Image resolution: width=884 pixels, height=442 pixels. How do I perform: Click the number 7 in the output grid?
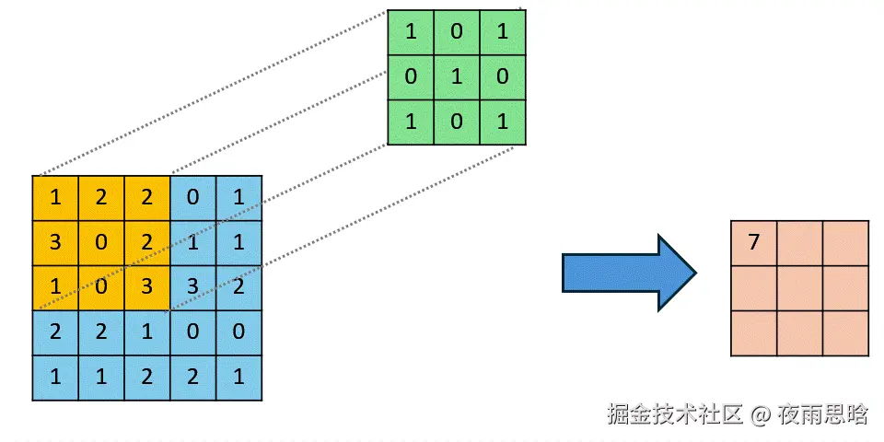point(754,243)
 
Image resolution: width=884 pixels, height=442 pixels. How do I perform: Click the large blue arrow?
point(629,273)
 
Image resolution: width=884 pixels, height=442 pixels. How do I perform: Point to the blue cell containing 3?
point(193,286)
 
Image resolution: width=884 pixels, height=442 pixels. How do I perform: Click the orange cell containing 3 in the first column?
point(55,242)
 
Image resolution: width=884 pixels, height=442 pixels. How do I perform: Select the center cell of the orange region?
point(101,242)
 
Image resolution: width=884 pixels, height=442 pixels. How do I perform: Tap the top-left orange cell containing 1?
point(55,197)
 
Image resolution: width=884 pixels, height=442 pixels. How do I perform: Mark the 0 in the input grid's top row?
point(193,197)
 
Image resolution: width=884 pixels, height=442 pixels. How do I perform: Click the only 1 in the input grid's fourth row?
point(147,332)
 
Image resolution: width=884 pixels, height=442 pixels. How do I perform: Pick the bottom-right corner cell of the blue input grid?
point(238,378)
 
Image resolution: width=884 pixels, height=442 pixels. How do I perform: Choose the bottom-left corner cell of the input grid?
point(55,378)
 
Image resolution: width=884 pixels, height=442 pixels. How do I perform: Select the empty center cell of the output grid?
point(799,288)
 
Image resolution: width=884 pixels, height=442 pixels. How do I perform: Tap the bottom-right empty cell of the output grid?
point(845,333)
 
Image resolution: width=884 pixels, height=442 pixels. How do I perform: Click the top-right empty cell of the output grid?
point(845,243)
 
